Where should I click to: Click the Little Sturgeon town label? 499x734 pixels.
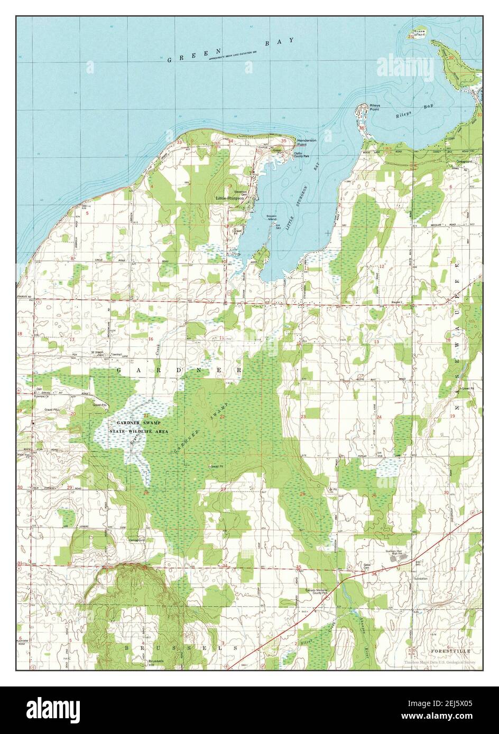pos(229,198)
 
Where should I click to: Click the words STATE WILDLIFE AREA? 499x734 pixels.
pos(138,431)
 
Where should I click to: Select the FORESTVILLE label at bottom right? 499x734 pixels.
pos(449,652)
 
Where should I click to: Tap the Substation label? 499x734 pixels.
pos(421,579)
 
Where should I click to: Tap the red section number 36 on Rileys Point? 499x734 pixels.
pos(362,128)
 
